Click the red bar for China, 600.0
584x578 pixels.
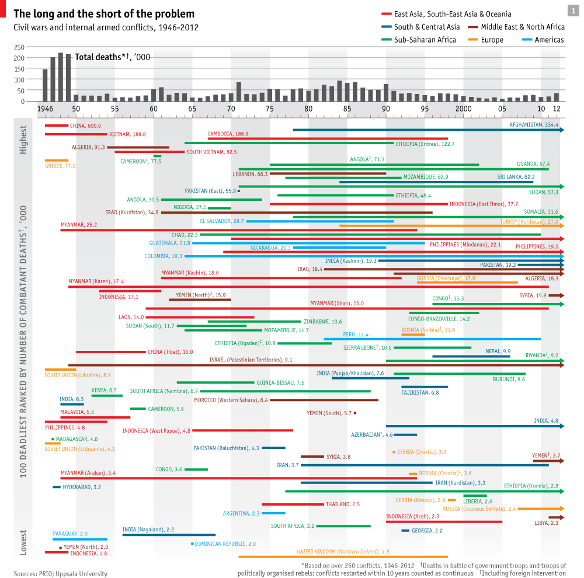point(57,126)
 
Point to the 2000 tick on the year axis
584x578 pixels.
point(464,109)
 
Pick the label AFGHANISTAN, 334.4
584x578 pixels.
point(534,125)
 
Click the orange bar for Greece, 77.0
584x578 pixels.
point(57,161)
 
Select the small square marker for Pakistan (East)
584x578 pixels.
point(239,191)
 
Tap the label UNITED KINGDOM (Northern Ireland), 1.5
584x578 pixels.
point(343,551)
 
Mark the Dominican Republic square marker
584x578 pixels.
point(192,544)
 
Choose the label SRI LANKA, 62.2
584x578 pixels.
point(516,176)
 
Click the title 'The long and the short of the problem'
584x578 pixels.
point(104,14)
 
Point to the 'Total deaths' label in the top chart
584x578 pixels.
point(112,57)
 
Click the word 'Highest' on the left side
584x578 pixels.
point(23,140)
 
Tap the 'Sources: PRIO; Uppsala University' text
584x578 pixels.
point(61,574)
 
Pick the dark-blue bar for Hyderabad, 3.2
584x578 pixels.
point(57,487)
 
